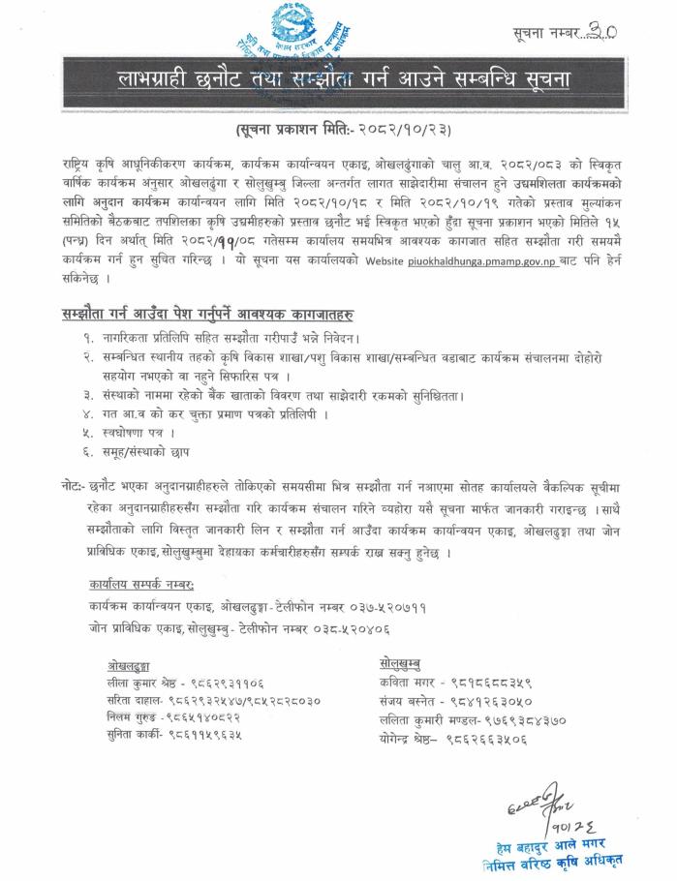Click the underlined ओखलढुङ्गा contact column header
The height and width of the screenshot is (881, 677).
(x=136, y=668)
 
